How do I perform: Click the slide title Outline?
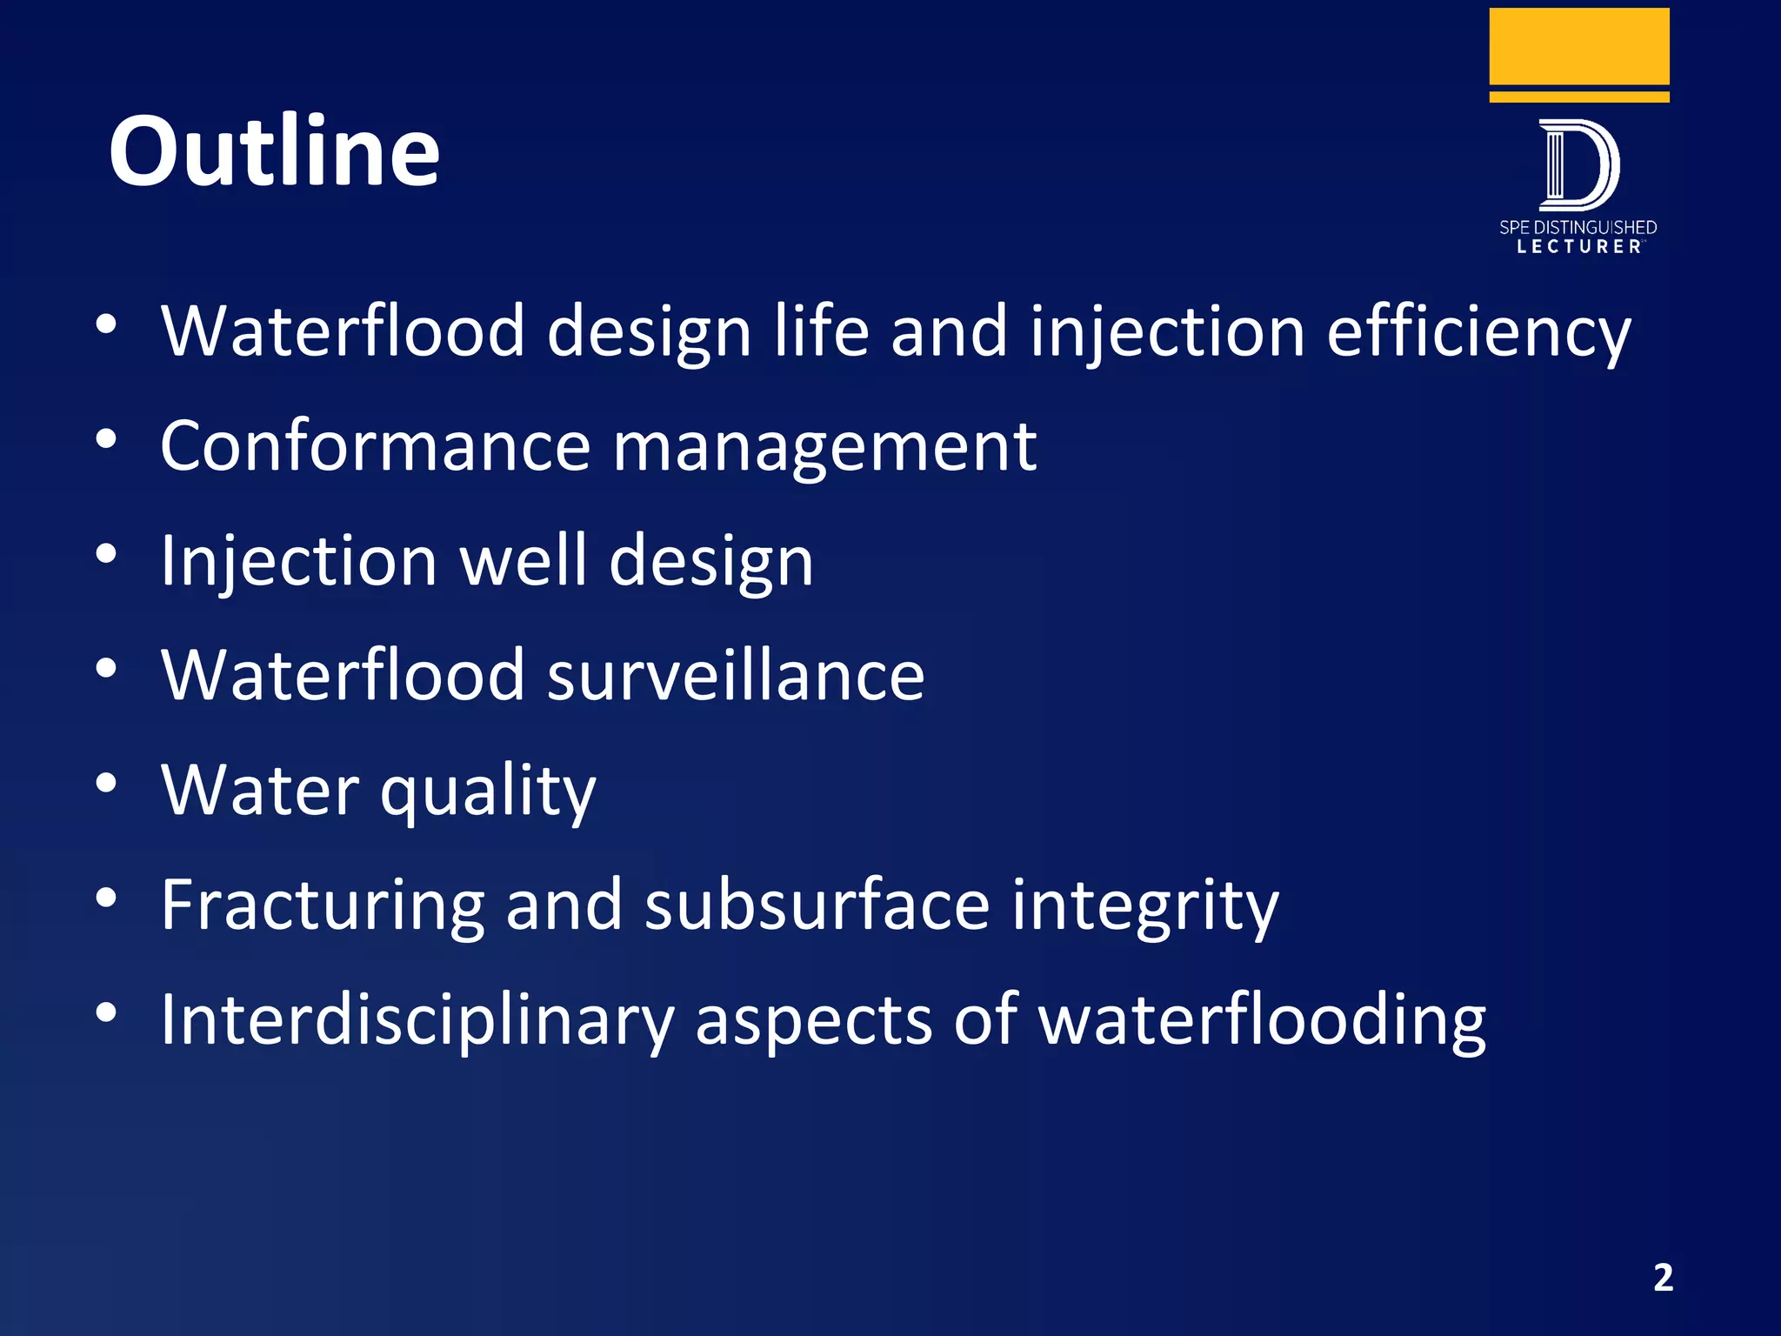(274, 151)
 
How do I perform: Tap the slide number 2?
(1663, 1278)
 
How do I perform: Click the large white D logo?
(1578, 165)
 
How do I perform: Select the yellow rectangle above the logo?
(1579, 47)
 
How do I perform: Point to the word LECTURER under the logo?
(1579, 247)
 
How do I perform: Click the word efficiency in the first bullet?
(1478, 332)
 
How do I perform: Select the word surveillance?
(736, 676)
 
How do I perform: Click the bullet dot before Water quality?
(106, 785)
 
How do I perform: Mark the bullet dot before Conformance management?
(106, 440)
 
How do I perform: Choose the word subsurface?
(817, 905)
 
